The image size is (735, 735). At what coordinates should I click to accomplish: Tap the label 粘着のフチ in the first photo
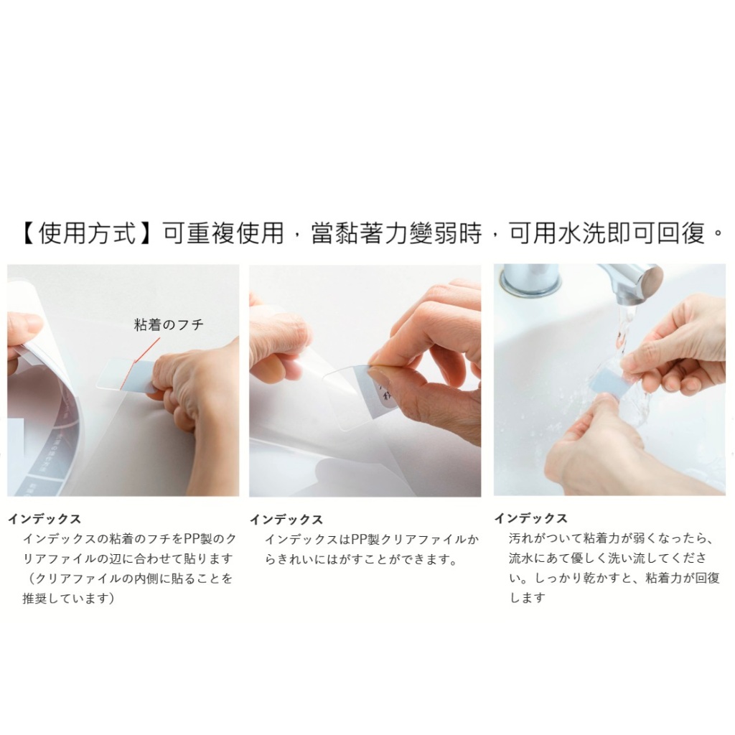pyautogui.click(x=169, y=324)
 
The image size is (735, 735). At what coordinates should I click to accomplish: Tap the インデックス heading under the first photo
pyautogui.click(x=45, y=519)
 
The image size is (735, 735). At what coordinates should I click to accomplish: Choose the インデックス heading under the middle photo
pyautogui.click(x=286, y=520)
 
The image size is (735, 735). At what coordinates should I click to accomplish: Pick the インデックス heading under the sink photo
pyautogui.click(x=531, y=518)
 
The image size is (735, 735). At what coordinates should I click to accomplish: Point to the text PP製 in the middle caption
pyautogui.click(x=365, y=540)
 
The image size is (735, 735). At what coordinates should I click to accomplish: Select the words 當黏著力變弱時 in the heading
pyautogui.click(x=396, y=233)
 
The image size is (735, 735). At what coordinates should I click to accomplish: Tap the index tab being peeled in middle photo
pyautogui.click(x=375, y=394)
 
